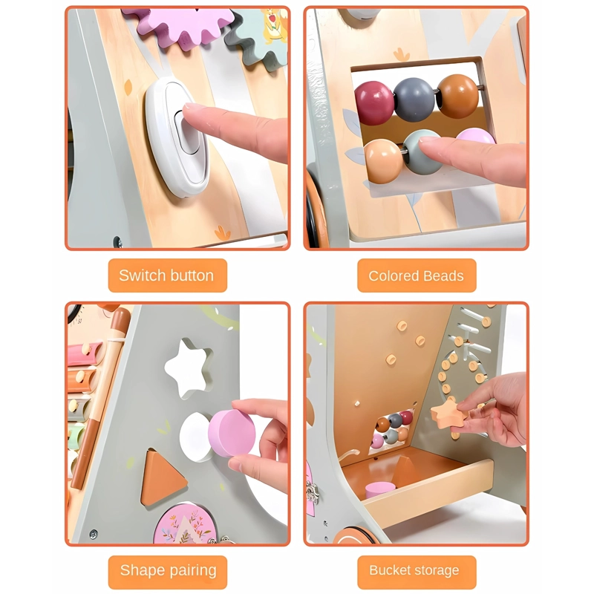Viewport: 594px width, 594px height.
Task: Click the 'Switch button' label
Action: click(x=166, y=275)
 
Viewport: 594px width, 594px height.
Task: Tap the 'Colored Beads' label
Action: click(x=416, y=275)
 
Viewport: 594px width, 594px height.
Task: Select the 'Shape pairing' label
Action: click(x=169, y=570)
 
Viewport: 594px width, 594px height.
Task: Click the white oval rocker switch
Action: click(x=177, y=137)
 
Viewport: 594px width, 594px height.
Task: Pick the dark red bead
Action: click(x=374, y=102)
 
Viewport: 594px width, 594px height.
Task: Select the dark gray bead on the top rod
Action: click(x=414, y=99)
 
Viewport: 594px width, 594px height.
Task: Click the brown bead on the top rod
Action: click(x=457, y=96)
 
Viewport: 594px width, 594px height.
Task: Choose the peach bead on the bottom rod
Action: click(x=383, y=161)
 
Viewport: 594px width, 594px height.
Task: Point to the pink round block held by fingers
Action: click(x=231, y=433)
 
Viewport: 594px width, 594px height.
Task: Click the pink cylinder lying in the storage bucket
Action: click(x=380, y=490)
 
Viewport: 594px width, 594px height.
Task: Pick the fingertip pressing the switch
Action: click(x=191, y=112)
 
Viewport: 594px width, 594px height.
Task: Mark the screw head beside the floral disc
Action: click(x=94, y=534)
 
